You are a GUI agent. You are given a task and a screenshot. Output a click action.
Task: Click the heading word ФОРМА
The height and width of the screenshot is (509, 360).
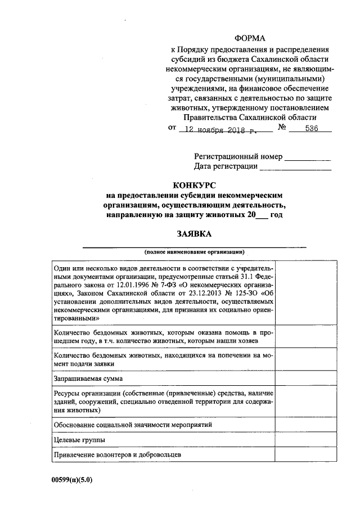pos(250,38)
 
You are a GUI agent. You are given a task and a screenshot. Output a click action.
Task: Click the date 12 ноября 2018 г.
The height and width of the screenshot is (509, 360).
pos(217,129)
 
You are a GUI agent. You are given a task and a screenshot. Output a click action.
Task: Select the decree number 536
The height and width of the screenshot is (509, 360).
pos(311,128)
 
